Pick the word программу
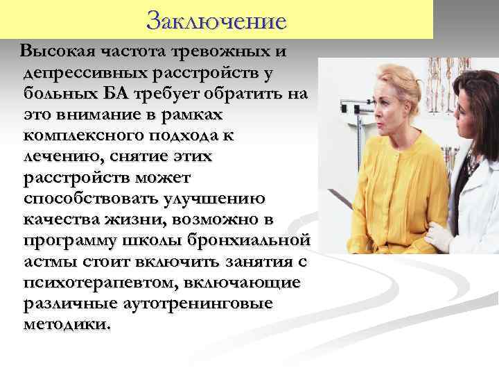[x=66, y=241]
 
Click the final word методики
[x=65, y=325]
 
